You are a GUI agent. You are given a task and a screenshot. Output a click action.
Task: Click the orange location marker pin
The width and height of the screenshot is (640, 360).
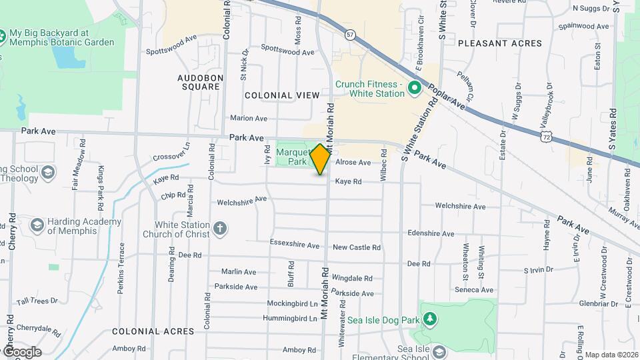(321, 159)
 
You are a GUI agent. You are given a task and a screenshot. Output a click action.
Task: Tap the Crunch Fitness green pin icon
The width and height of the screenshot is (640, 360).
(414, 88)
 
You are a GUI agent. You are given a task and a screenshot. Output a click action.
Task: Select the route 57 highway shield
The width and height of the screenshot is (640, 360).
(351, 35)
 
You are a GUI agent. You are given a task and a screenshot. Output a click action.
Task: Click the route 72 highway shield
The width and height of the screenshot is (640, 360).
(547, 136)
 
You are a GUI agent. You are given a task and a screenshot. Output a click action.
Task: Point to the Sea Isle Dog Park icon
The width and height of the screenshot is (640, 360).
(431, 320)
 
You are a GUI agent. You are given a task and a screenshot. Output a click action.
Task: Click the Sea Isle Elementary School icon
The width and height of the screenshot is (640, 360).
(439, 351)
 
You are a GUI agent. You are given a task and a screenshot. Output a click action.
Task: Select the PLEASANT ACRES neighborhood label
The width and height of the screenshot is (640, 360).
(499, 43)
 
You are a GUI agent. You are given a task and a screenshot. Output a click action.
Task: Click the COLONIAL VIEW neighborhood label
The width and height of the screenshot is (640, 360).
(282, 95)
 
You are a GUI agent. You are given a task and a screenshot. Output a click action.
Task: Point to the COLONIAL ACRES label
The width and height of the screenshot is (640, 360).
(153, 331)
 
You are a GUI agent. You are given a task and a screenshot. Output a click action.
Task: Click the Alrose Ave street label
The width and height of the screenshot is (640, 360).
(353, 163)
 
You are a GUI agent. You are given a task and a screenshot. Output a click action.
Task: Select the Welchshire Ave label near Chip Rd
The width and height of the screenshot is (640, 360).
(241, 200)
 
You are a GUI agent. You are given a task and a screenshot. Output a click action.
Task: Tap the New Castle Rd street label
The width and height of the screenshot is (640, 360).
(357, 247)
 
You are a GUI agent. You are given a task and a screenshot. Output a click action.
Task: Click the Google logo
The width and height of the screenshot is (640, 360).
(21, 351)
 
